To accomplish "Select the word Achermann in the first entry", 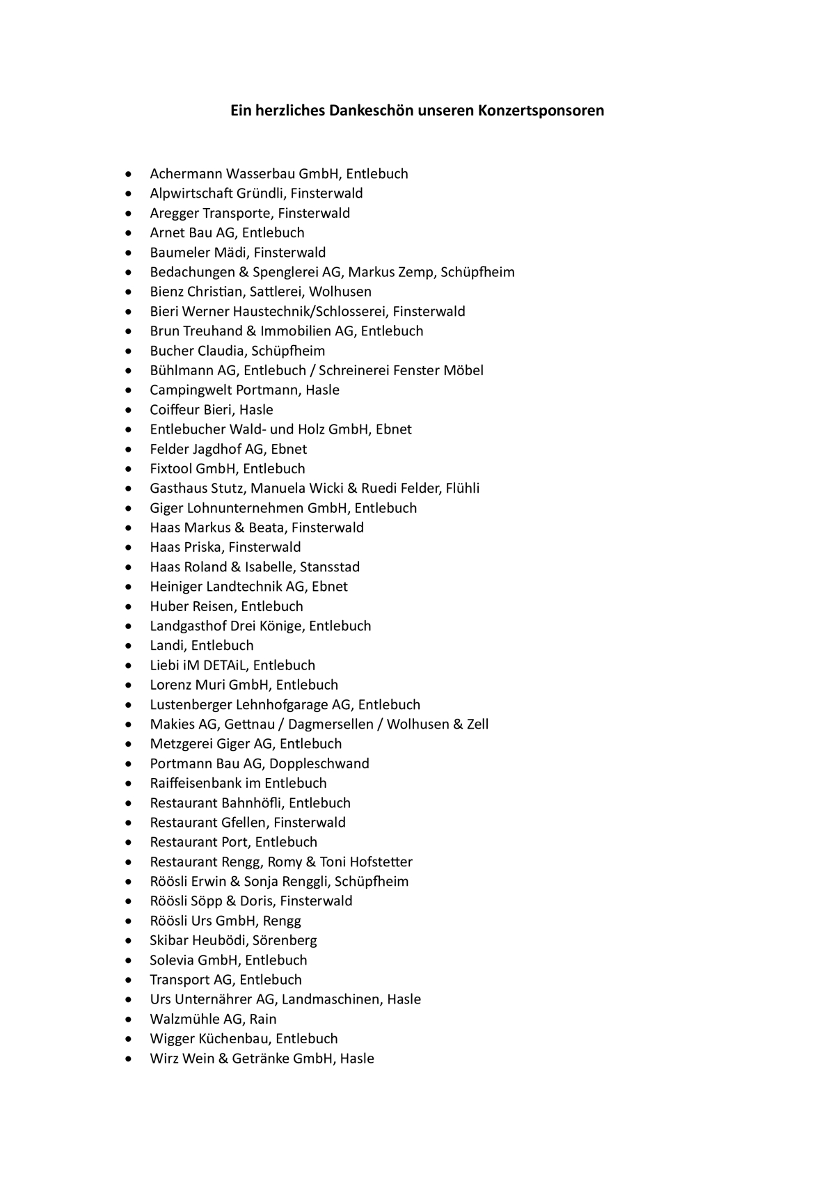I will coord(186,174).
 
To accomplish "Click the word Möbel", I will coord(463,370).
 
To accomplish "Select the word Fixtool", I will coord(170,468).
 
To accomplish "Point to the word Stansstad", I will coord(330,567).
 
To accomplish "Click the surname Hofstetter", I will coord(381,862).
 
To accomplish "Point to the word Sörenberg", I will coord(285,940).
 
